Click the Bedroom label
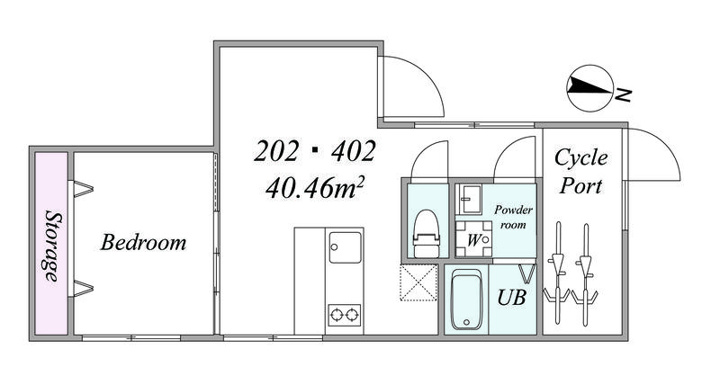(143, 242)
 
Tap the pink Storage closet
(51, 243)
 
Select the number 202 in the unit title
(276, 151)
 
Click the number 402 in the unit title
(354, 151)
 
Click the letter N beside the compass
(624, 95)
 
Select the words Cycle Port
(580, 171)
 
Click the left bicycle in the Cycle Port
(557, 274)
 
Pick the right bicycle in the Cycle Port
(585, 274)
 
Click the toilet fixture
(427, 234)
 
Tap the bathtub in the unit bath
(466, 300)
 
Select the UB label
(511, 298)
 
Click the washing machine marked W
(474, 239)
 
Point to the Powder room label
(513, 217)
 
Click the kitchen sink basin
(346, 247)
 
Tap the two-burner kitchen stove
(345, 315)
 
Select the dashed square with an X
(418, 282)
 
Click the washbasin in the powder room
(471, 199)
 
